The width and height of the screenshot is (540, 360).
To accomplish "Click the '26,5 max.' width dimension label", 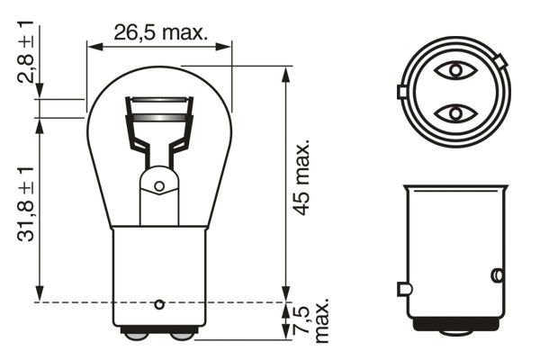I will tap(160, 33).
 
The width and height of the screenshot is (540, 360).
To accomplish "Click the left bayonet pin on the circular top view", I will tap(402, 92).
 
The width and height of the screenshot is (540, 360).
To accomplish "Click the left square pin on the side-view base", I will tap(403, 289).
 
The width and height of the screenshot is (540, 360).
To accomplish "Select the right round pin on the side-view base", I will tap(496, 274).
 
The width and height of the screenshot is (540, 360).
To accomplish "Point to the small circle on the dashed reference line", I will tap(159, 302).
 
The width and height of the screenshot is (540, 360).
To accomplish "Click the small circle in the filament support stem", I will tap(159, 186).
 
